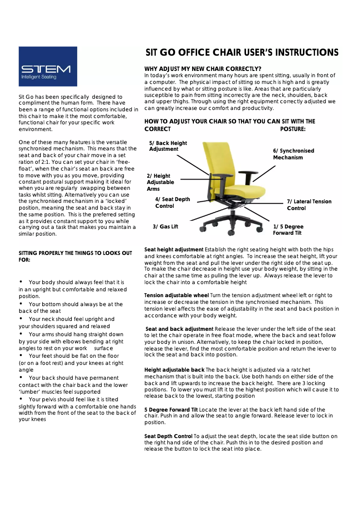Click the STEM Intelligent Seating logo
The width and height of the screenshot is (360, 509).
(x=48, y=66)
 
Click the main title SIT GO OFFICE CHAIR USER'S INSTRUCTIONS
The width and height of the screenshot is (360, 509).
(x=241, y=53)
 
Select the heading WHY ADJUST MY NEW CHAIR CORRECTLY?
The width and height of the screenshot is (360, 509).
(x=203, y=69)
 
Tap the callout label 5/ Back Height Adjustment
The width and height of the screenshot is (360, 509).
(x=167, y=146)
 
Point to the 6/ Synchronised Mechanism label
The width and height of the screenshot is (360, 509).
(x=293, y=154)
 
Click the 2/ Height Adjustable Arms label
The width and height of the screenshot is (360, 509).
(x=160, y=183)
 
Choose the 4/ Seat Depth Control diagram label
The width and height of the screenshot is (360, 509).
(x=172, y=202)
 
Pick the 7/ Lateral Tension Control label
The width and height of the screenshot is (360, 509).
(x=309, y=205)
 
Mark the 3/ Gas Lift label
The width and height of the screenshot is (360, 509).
(x=165, y=227)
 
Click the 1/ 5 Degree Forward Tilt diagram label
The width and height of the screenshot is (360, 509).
(x=288, y=230)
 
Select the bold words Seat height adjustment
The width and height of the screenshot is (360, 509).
(x=174, y=249)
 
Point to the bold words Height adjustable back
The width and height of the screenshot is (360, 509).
(x=174, y=370)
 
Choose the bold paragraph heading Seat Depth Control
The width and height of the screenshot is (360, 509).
(x=168, y=436)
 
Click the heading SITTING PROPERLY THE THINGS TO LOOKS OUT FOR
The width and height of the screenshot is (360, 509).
(x=75, y=256)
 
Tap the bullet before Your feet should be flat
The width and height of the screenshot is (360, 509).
(x=21, y=355)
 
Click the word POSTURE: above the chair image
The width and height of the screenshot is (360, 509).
(x=293, y=129)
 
